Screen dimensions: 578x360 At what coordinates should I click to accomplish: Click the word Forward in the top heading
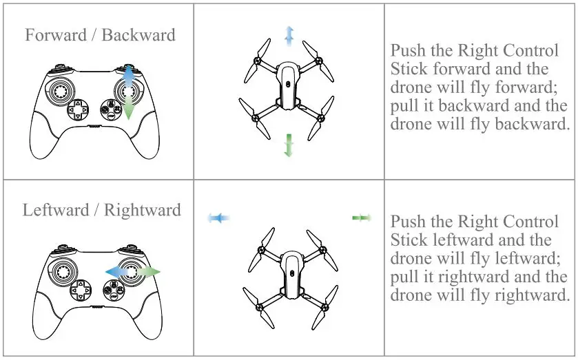56,35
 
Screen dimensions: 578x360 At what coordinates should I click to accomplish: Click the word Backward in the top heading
138,35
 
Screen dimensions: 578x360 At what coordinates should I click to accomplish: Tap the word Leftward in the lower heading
56,210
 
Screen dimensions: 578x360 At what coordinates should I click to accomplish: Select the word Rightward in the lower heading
143,210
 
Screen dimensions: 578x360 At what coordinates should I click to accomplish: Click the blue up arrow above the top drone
289,36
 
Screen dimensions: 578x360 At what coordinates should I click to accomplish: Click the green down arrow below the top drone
289,145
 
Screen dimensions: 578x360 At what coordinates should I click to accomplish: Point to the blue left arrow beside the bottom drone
218,218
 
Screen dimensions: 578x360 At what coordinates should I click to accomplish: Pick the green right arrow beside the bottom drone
362,218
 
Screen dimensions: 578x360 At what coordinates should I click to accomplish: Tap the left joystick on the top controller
59,91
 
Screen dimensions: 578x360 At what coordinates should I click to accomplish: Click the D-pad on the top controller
78,109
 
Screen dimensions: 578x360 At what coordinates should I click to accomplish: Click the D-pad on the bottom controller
81,290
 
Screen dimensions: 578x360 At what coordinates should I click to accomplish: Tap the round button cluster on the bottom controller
114,290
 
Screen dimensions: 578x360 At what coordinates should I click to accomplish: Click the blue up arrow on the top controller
128,76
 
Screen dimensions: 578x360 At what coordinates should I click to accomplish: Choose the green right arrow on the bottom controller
149,272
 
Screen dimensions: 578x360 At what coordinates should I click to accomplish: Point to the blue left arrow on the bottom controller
117,272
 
